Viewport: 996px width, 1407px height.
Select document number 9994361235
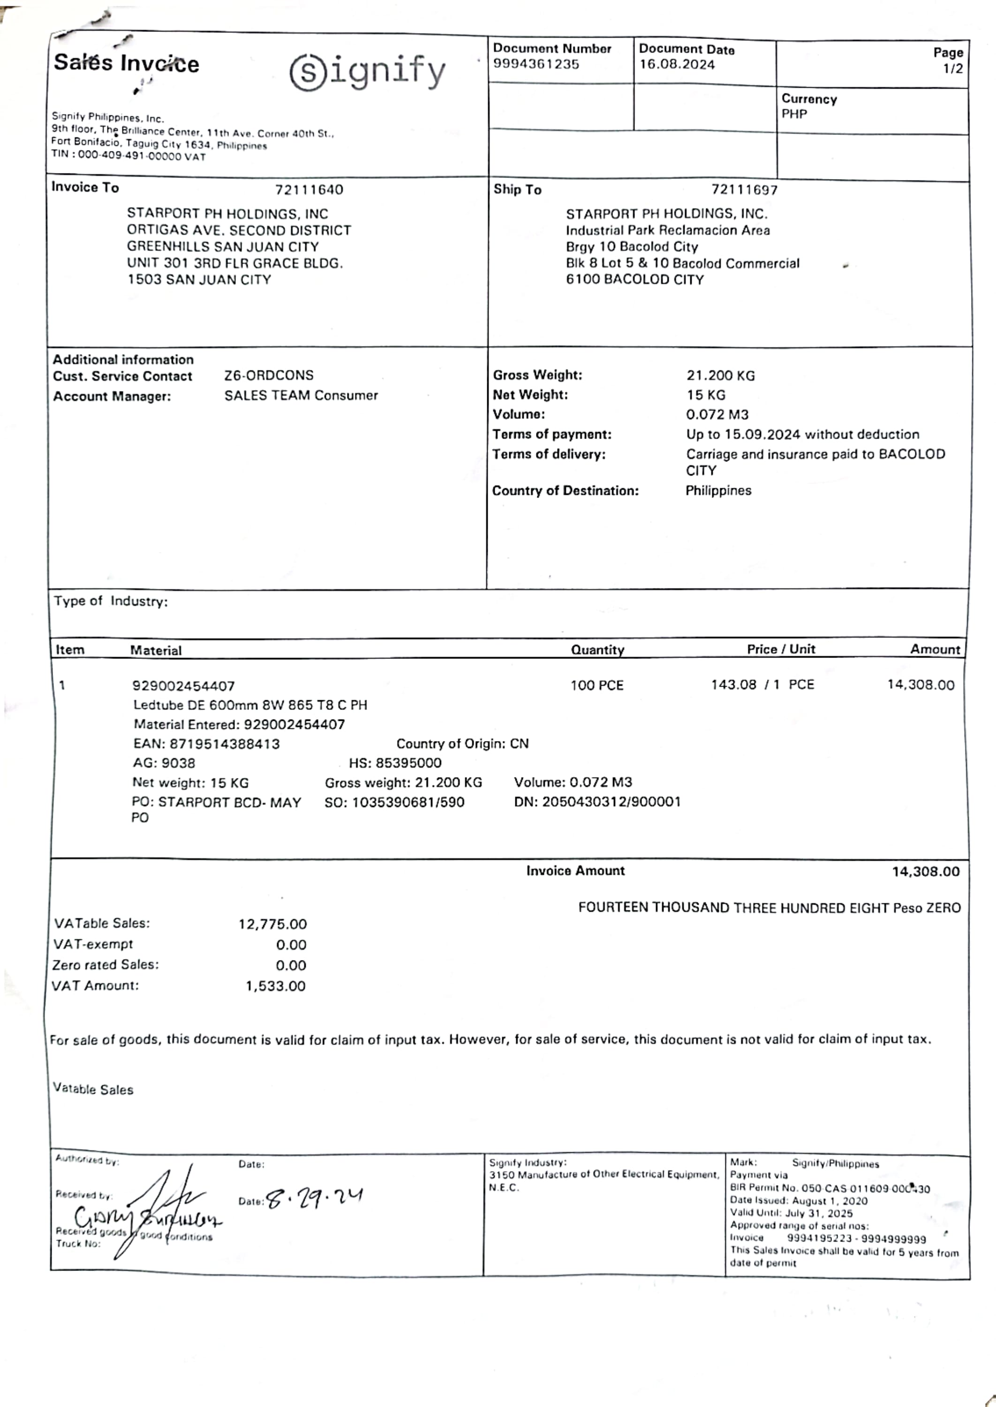[x=536, y=64]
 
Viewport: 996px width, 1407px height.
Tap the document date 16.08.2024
[x=677, y=64]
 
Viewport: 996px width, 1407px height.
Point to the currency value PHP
[x=794, y=114]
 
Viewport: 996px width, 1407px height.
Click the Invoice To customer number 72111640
[x=309, y=189]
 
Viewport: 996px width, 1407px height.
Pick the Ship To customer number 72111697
[x=745, y=189]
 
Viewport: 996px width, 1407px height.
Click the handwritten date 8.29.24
[x=315, y=1198]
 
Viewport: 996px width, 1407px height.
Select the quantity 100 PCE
[x=597, y=685]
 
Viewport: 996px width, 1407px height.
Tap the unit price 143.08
[x=733, y=684]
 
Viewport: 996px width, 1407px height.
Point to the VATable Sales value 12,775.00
[x=272, y=923]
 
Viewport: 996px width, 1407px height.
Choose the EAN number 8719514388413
[x=225, y=744]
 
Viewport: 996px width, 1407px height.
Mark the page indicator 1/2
[x=952, y=68]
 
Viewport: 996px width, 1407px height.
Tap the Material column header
[x=156, y=650]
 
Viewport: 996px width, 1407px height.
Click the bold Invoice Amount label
[x=575, y=871]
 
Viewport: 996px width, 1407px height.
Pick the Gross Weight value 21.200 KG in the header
[x=721, y=375]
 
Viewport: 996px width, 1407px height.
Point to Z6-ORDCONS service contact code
[x=269, y=375]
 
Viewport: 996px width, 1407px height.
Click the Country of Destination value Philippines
[x=718, y=491]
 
